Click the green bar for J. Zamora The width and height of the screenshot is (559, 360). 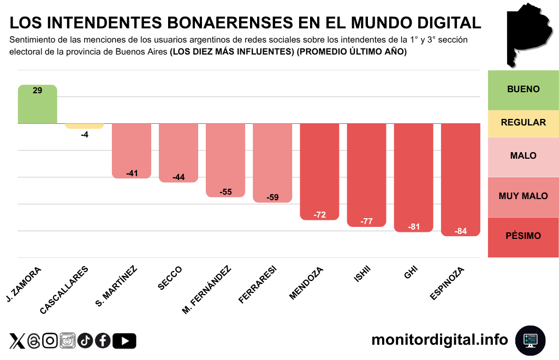[x=37, y=104]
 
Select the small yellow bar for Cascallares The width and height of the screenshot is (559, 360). [x=84, y=126]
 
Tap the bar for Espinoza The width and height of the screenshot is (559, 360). [x=460, y=179]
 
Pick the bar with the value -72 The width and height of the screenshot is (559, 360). [x=319, y=171]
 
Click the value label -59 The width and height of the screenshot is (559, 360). [x=272, y=197]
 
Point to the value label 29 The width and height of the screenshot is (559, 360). [x=37, y=91]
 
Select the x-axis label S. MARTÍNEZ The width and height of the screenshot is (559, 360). [x=116, y=286]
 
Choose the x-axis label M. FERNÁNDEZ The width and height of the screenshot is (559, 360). [x=207, y=290]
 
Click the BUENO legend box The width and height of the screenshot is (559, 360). [x=523, y=89]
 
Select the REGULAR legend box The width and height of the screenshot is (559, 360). [x=523, y=122]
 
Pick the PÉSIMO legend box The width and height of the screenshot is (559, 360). [x=523, y=236]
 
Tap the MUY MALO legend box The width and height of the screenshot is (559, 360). [x=523, y=196]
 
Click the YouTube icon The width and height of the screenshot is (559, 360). [x=124, y=341]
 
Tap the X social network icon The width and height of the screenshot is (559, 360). [x=17, y=341]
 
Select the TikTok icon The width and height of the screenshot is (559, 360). [x=85, y=341]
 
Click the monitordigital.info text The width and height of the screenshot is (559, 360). [x=439, y=340]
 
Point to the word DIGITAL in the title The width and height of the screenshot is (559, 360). [x=444, y=22]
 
